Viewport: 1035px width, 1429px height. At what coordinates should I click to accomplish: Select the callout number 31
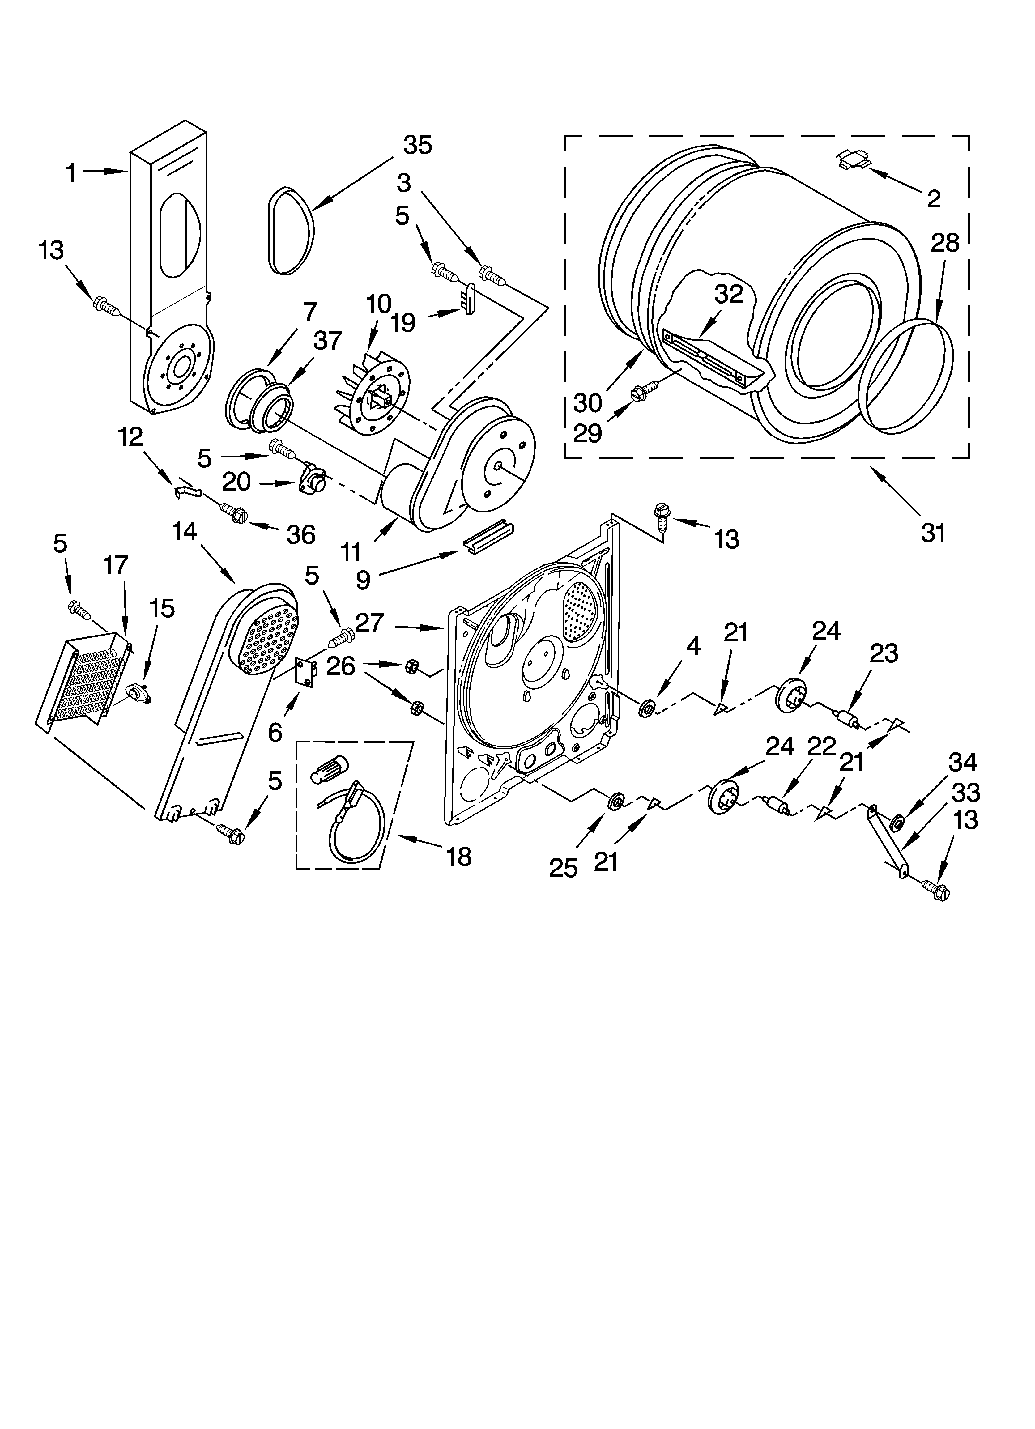tap(933, 532)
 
